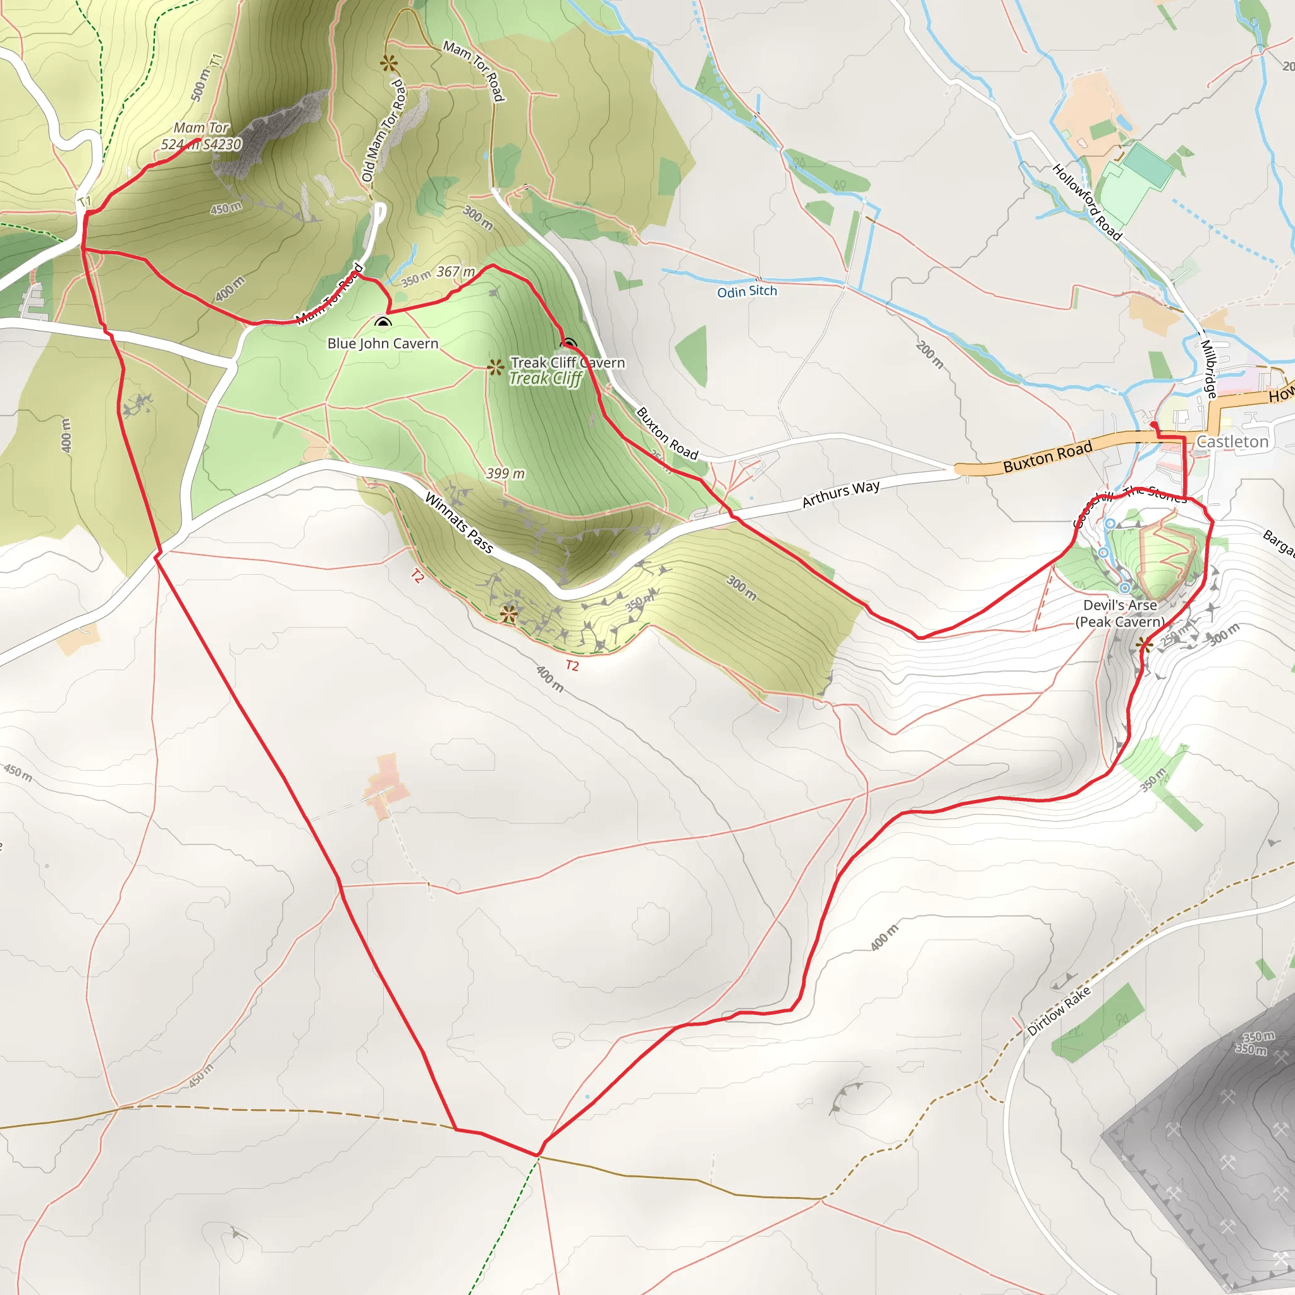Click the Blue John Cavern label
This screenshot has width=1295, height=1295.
[383, 344]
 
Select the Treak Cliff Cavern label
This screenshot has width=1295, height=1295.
[568, 362]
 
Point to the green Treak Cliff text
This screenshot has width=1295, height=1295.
[546, 379]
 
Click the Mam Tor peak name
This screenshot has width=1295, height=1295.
[201, 127]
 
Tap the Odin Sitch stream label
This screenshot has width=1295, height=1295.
[747, 292]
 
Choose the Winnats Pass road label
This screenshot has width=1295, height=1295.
[459, 523]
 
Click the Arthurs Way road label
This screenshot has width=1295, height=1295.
[840, 493]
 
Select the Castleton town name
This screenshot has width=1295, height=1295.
[1232, 442]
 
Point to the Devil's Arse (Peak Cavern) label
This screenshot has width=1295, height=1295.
[1120, 613]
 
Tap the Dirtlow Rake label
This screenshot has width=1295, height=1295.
[1059, 1011]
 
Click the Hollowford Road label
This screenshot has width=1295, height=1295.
[1086, 202]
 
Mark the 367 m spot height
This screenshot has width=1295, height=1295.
[456, 271]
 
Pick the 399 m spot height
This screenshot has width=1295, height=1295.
[505, 473]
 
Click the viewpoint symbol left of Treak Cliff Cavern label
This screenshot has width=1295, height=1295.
[495, 367]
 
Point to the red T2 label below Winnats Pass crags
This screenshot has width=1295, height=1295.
[572, 666]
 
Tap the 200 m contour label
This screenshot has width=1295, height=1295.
[930, 355]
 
